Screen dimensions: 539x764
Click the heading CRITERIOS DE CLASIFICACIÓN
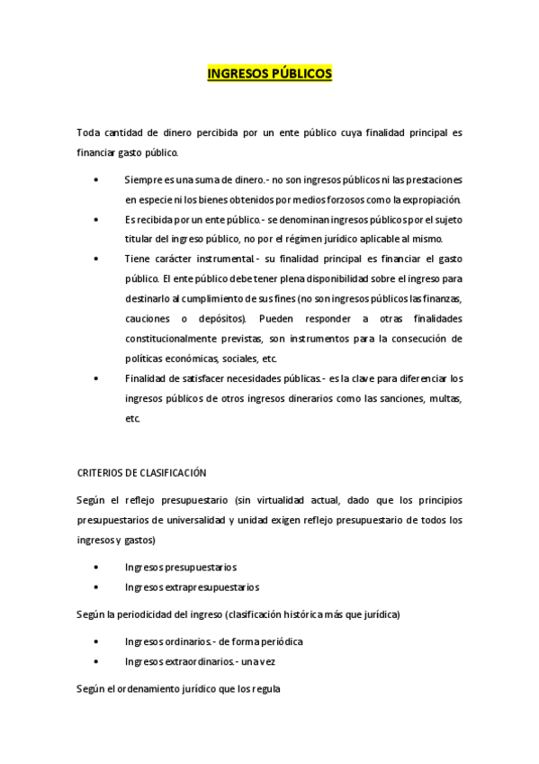point(142,472)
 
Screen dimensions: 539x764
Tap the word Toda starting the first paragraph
point(89,133)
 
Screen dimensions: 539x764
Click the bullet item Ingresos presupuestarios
point(180,567)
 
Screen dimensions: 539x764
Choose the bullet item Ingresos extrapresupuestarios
point(192,587)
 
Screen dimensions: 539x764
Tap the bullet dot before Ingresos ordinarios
point(96,641)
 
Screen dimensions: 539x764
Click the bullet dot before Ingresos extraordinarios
point(96,662)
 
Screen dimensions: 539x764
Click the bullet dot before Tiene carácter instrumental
point(96,259)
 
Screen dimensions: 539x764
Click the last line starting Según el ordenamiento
point(179,689)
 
